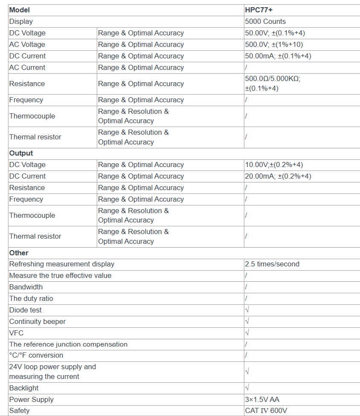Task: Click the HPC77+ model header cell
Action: click(258, 10)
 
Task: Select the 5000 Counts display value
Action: click(265, 21)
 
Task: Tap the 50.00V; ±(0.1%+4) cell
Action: click(275, 33)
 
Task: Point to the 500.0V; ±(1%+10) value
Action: click(274, 44)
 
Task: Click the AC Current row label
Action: click(27, 67)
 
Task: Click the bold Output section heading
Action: click(21, 153)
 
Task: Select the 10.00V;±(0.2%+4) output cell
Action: click(274, 165)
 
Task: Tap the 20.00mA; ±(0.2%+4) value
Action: click(278, 176)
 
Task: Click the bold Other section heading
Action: click(19, 253)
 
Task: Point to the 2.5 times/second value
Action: click(272, 264)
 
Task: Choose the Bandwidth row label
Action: click(26, 287)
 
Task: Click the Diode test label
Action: click(26, 310)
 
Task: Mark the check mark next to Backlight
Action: click(247, 388)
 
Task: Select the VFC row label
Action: click(16, 333)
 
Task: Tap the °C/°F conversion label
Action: click(36, 355)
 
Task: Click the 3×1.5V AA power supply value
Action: click(262, 399)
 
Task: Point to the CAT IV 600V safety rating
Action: click(266, 411)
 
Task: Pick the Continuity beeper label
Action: click(38, 321)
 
